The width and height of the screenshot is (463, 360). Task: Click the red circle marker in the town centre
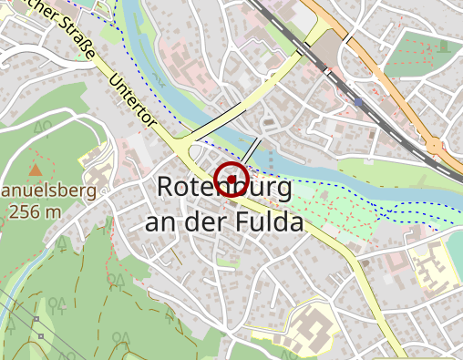[x=231, y=178]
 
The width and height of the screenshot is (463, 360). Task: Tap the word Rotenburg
[x=224, y=188]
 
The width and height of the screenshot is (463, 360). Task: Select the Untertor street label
[x=133, y=99]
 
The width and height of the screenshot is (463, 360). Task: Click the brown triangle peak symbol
[x=35, y=170]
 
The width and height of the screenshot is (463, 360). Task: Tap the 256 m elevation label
[x=35, y=212]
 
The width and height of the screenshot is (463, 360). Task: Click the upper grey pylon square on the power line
[x=36, y=321]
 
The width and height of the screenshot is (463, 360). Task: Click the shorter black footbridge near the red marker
[x=252, y=151]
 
